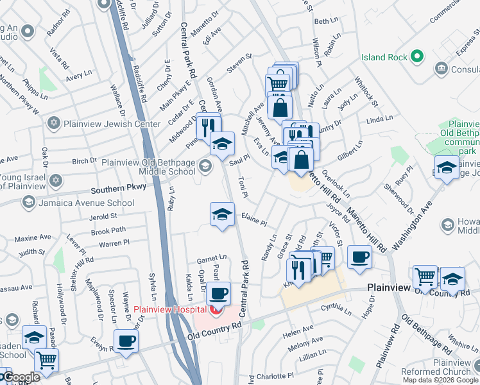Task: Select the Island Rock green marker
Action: (417, 57)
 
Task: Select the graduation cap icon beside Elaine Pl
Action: (222, 214)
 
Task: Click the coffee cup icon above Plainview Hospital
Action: (218, 293)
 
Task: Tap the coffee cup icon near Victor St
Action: (359, 257)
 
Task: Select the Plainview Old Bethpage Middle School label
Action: (148, 167)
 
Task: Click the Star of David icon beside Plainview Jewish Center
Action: (55, 122)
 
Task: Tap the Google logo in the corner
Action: (22, 378)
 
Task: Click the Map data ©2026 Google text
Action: (440, 380)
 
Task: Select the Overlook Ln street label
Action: (336, 183)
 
